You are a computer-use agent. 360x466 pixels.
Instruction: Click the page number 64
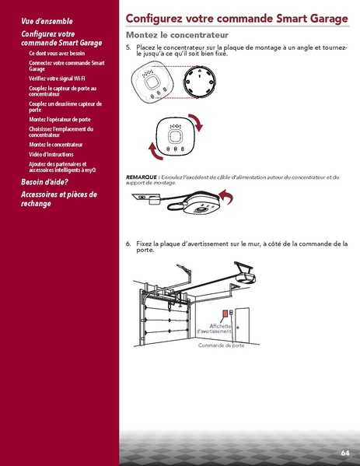coord(344,452)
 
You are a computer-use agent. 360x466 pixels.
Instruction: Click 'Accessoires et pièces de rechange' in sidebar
coord(58,199)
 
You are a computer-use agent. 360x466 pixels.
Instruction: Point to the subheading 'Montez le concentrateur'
coord(177,37)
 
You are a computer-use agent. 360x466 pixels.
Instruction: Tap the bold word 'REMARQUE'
coord(142,177)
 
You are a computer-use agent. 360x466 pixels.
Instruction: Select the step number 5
coord(128,47)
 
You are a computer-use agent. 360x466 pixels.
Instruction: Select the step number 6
coord(128,244)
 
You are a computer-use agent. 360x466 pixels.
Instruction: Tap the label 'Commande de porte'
coord(221,345)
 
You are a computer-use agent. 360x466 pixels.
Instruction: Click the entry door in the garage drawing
coord(241,327)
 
